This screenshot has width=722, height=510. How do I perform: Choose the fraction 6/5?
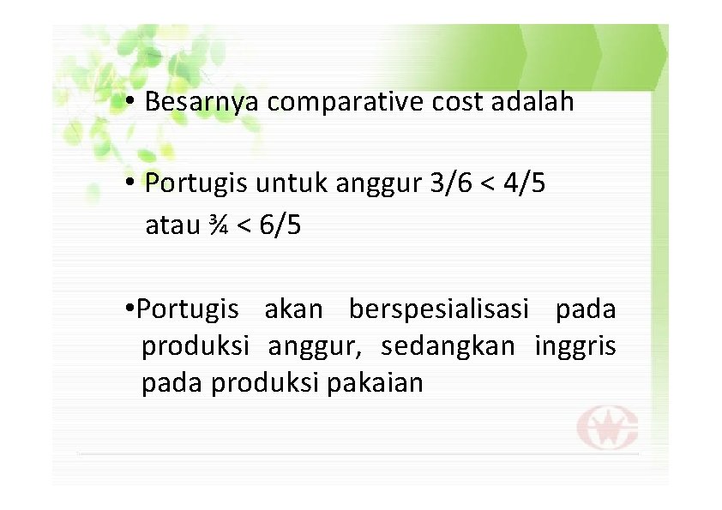(279, 226)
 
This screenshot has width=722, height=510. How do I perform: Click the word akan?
(293, 308)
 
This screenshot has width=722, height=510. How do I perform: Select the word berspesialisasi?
(441, 308)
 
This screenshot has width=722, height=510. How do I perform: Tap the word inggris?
(575, 346)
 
